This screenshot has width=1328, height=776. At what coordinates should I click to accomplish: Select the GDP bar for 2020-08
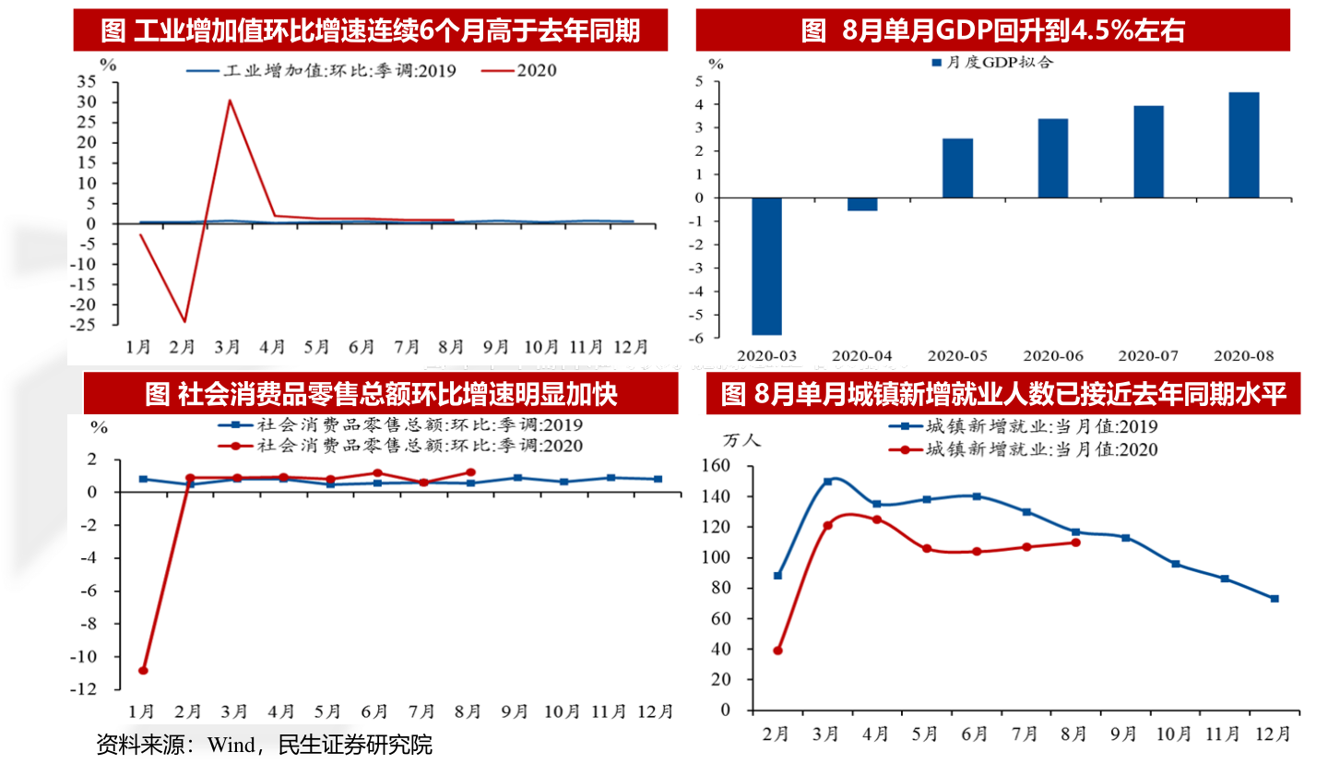[1243, 145]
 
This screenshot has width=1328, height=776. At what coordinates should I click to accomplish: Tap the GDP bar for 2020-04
[862, 204]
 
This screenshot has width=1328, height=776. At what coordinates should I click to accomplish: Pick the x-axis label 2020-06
[1053, 356]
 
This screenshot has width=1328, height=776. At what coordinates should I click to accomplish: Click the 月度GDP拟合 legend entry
[992, 63]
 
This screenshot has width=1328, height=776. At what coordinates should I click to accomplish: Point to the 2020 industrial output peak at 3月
[230, 101]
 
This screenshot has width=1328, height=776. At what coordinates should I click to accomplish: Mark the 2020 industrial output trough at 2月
[184, 321]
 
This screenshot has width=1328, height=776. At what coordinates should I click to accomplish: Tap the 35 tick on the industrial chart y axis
[87, 81]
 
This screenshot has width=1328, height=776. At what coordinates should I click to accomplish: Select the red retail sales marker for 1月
[143, 670]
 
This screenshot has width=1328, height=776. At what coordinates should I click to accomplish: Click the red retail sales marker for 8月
[470, 472]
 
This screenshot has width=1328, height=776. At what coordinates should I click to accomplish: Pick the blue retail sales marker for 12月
[658, 479]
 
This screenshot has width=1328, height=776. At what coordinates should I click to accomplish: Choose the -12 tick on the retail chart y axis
[83, 688]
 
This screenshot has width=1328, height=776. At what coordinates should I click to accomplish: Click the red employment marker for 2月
[777, 651]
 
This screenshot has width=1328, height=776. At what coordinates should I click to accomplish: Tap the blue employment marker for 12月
[1275, 599]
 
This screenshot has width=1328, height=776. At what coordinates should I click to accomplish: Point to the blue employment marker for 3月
[827, 482]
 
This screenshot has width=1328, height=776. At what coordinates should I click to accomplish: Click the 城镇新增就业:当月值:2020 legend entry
[1024, 449]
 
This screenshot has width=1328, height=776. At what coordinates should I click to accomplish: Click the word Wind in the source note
[231, 746]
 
